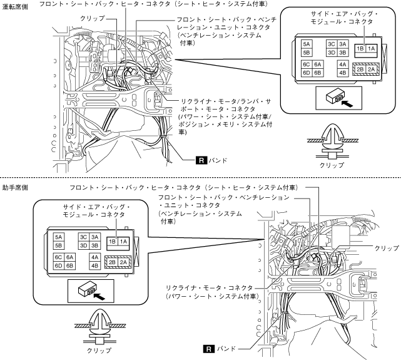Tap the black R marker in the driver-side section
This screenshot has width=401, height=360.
pyautogui.click(x=201, y=160)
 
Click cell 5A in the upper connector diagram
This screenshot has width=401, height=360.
pyautogui.click(x=307, y=45)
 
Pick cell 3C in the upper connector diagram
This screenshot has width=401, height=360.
pyautogui.click(x=332, y=45)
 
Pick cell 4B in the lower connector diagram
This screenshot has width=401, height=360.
pyautogui.click(x=96, y=265)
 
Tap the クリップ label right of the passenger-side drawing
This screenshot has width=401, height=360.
pyautogui.click(x=385, y=248)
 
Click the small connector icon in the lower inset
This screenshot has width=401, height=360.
pyautogui.click(x=86, y=290)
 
